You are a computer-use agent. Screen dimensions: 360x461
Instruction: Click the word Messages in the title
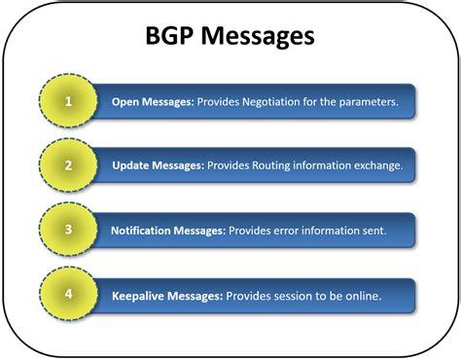click(259, 38)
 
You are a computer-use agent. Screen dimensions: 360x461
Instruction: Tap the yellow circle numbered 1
click(67, 100)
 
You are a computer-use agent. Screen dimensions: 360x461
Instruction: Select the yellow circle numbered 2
click(67, 165)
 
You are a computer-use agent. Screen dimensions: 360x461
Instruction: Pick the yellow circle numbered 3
click(67, 230)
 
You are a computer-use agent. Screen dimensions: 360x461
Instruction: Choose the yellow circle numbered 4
click(67, 295)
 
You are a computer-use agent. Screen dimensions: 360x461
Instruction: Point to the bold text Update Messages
click(158, 165)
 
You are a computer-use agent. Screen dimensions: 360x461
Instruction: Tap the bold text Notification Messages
click(167, 231)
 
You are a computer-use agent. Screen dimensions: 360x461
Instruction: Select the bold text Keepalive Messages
click(163, 295)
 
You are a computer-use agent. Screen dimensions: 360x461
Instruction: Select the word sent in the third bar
click(372, 231)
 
